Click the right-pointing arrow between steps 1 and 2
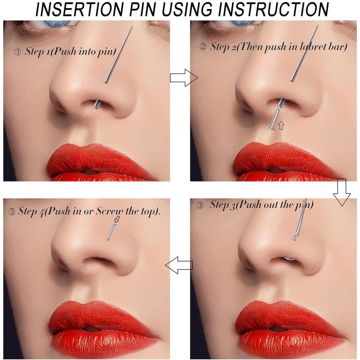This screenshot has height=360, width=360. [184, 79]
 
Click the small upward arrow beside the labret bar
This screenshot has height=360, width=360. [281, 125]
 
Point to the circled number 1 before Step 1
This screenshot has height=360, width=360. [18, 52]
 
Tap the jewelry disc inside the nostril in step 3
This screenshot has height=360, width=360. [289, 259]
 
